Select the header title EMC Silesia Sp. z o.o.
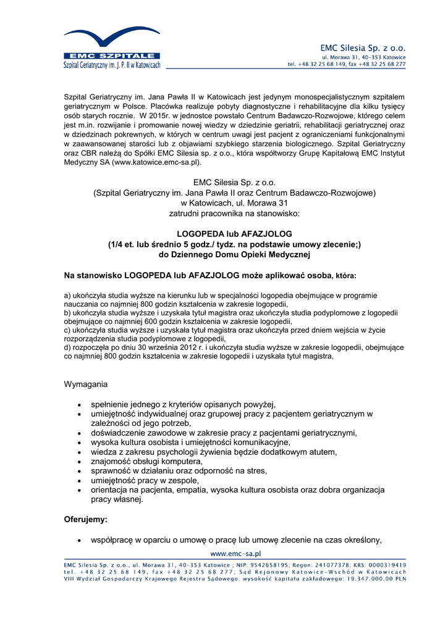[362, 48]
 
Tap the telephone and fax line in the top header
[347, 64]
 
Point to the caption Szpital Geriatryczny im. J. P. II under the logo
[112, 65]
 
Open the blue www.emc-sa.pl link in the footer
[237, 554]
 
